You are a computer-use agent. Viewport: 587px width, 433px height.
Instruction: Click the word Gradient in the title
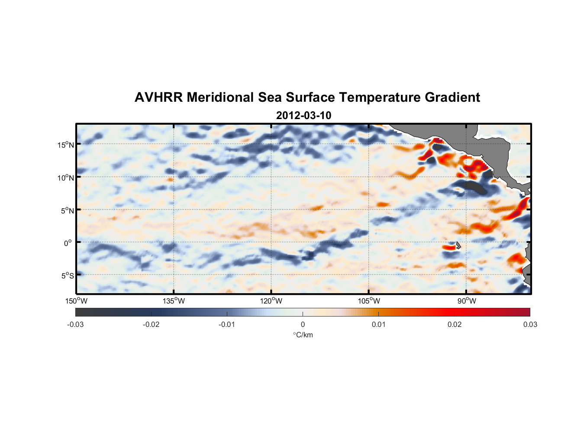(452, 97)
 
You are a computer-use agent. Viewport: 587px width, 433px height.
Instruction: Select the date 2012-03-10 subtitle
(303, 116)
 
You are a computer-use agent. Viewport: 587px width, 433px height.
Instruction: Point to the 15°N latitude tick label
(66, 145)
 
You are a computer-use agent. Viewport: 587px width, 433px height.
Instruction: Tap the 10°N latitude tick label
(66, 178)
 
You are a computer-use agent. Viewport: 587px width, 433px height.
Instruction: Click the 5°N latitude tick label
(67, 210)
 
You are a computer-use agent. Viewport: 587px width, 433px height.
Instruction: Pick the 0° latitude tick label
(68, 243)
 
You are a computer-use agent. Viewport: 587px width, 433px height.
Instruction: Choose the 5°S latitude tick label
(67, 275)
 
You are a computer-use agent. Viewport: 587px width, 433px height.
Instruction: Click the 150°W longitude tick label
(76, 301)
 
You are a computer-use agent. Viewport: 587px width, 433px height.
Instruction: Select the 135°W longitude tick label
(174, 301)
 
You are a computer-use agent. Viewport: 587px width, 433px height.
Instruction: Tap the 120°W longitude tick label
(271, 301)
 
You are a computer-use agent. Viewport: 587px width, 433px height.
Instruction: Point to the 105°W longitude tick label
(369, 301)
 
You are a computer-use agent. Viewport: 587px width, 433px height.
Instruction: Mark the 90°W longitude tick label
(466, 301)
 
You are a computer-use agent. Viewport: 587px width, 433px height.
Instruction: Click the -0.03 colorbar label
(75, 324)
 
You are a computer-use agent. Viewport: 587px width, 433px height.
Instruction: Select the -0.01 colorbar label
(227, 324)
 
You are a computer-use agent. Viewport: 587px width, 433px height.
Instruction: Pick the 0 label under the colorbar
(303, 324)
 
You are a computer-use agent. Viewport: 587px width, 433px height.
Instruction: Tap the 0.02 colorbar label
(455, 324)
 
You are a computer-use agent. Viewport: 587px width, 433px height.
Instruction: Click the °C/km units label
(303, 335)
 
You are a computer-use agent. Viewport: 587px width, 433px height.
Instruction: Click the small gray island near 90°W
(458, 246)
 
